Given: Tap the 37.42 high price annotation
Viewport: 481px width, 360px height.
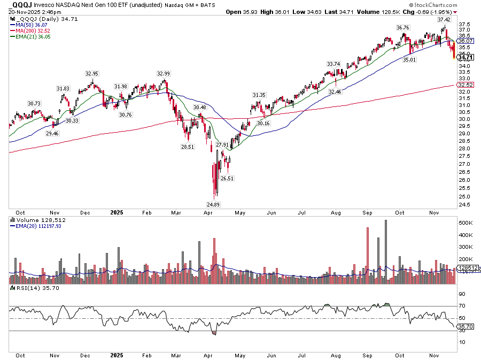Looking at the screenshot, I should click(444, 19).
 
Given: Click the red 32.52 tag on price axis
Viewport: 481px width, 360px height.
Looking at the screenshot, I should click(466, 85).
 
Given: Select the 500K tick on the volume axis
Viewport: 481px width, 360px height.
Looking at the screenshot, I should click(466, 223).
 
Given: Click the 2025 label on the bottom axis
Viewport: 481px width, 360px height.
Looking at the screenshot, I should click(116, 355).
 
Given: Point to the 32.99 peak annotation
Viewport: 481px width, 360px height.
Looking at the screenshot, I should click(164, 73).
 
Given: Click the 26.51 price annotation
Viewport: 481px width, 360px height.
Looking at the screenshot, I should click(228, 178).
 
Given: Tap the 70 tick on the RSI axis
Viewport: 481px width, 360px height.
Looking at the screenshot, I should click(461, 306).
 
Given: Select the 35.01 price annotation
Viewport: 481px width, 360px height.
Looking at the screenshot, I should click(409, 60).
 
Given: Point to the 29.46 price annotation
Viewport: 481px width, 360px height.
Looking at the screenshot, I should click(52, 133).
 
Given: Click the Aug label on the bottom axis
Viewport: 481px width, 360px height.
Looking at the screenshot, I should click(336, 355).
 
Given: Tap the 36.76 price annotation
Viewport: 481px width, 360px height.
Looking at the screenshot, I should click(402, 27).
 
